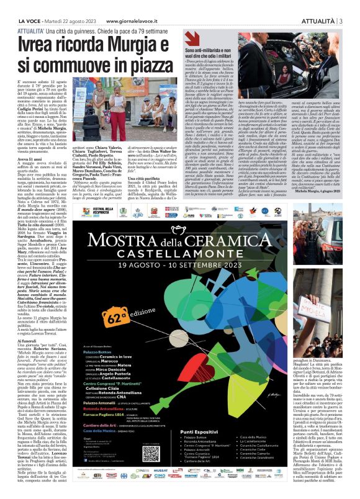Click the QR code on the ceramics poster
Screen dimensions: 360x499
click(x=150, y=453)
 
